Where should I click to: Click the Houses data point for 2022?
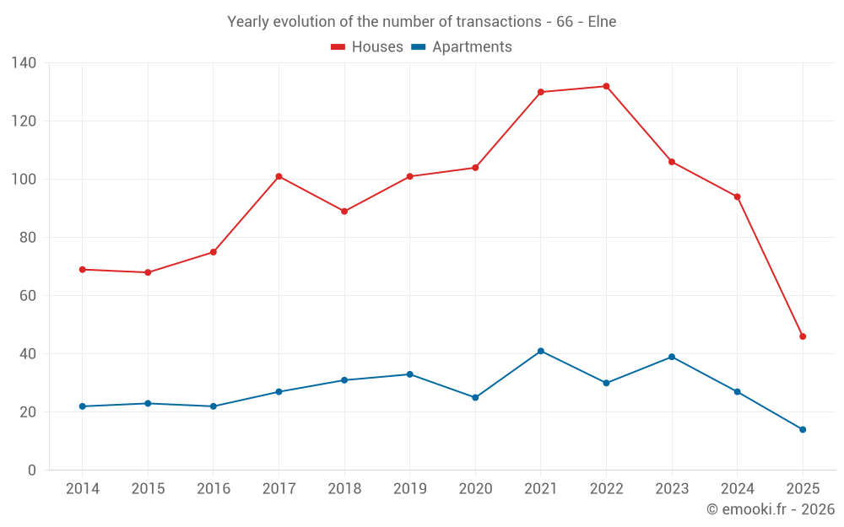(x=606, y=86)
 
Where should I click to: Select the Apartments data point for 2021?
(x=540, y=351)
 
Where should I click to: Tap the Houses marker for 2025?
(x=803, y=336)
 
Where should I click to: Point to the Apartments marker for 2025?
(x=803, y=429)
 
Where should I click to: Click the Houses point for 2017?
(x=279, y=176)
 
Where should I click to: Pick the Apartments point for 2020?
(x=475, y=397)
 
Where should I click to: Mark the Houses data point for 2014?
(x=82, y=269)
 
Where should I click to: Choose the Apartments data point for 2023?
(x=672, y=357)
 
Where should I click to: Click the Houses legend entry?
(x=376, y=47)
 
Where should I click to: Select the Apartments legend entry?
(x=471, y=47)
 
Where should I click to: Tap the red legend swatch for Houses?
(x=338, y=47)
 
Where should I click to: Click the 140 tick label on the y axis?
(x=24, y=63)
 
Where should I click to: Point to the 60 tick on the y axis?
(x=28, y=296)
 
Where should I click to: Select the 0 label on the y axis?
(x=32, y=471)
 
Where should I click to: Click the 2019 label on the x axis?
(x=409, y=489)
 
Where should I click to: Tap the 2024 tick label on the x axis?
(x=737, y=489)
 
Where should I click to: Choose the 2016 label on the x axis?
(x=213, y=489)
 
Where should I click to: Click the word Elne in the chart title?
(x=601, y=22)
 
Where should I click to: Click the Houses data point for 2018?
(x=344, y=211)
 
